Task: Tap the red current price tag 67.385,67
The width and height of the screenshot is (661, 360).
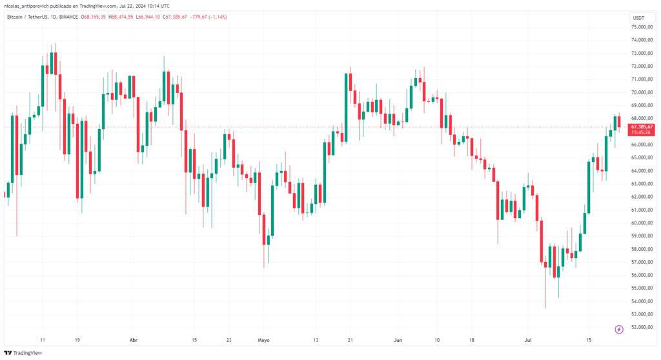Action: click(x=642, y=127)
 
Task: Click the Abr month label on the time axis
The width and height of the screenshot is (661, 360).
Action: click(x=134, y=339)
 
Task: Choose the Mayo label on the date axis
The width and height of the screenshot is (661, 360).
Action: click(x=263, y=339)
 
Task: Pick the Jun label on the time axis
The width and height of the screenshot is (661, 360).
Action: click(x=398, y=339)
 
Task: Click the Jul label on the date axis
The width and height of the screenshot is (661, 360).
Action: click(x=528, y=339)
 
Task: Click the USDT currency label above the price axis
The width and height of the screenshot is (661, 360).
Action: click(x=638, y=18)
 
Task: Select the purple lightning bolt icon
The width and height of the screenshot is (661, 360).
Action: click(x=619, y=329)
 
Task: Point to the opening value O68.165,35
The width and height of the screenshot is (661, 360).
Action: click(x=98, y=17)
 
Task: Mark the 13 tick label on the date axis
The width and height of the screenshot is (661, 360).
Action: click(x=316, y=339)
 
